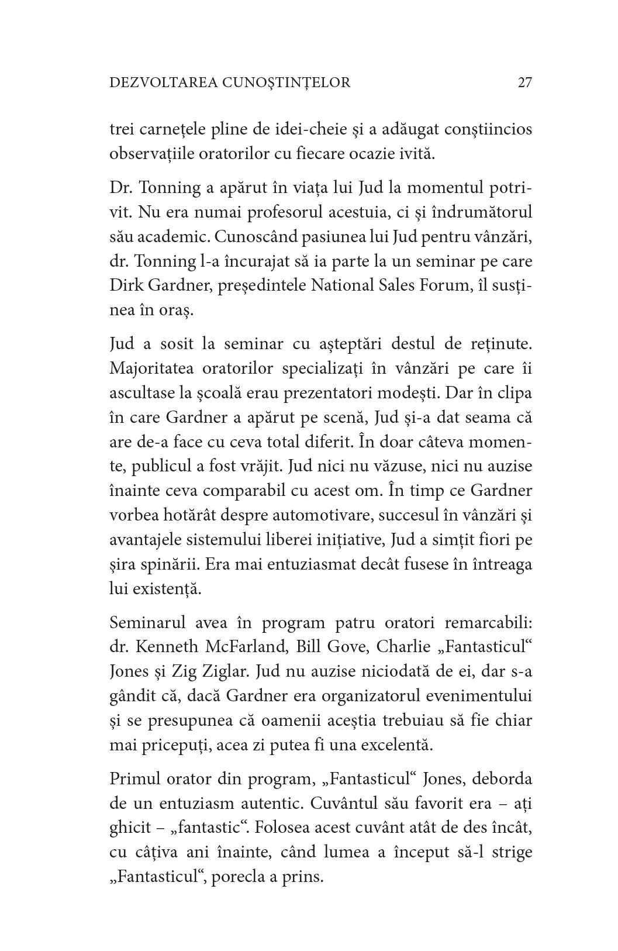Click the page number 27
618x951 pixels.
pos(524,82)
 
